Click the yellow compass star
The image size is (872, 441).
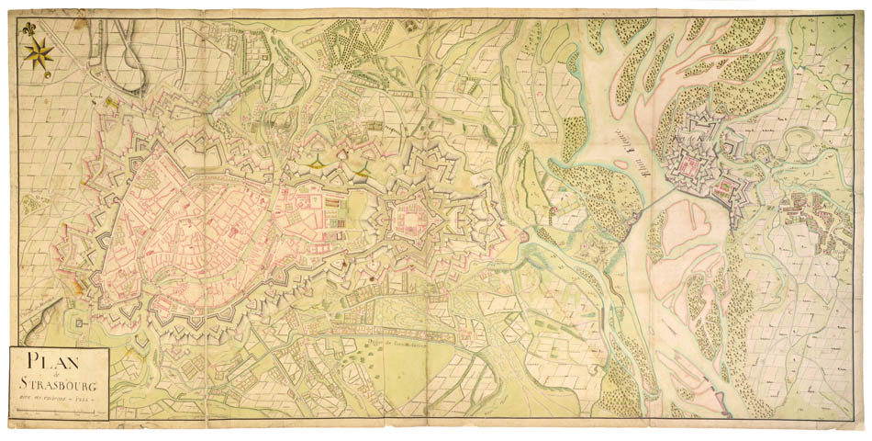coord(39,56)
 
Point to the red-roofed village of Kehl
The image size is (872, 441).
coord(808,216)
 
